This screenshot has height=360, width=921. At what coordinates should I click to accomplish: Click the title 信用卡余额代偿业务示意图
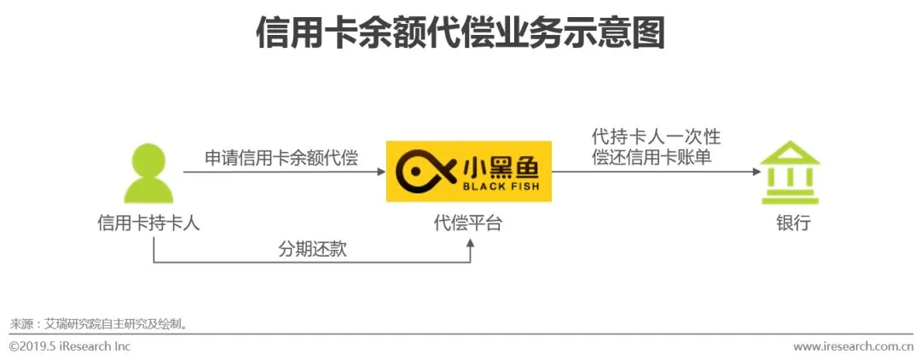pos(460,34)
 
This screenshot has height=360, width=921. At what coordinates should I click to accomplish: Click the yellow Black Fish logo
pos(468,171)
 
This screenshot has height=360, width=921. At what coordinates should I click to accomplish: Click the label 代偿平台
pos(468,224)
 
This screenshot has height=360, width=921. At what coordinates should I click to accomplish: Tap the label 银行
pos(792,224)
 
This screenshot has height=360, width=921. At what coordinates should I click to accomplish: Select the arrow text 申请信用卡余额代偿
pos(281,158)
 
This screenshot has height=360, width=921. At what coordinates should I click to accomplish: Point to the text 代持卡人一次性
pos(656,136)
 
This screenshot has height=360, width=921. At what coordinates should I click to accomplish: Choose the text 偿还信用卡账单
pos(656,157)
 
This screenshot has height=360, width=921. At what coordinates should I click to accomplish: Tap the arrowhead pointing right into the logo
pos(381,171)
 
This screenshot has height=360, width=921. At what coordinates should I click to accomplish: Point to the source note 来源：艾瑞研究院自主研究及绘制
pos(98,324)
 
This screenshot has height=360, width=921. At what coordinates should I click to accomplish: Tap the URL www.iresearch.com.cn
pos(852,346)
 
